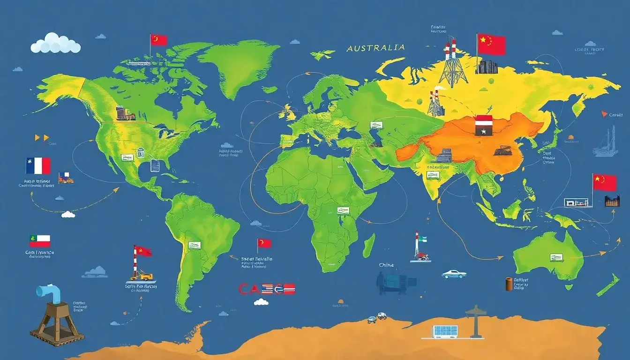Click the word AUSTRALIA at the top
click(375, 48)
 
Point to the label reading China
click(387, 265)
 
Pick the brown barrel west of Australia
click(509, 284)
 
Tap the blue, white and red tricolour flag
click(38, 166)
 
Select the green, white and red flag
click(40, 241)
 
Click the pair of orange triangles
click(42, 138)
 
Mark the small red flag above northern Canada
click(158, 40)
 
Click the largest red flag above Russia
click(491, 45)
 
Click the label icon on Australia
click(556, 257)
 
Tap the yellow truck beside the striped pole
click(145, 277)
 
